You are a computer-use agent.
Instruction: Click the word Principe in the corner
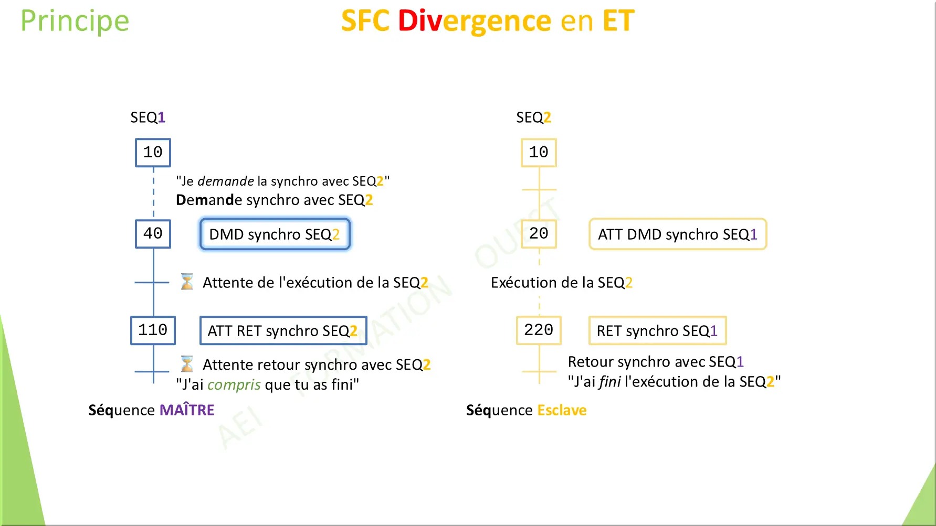click(x=75, y=22)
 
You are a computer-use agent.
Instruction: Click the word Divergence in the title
click(x=475, y=22)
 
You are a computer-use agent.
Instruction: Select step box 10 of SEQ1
click(x=153, y=153)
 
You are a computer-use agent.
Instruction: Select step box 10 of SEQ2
click(x=539, y=153)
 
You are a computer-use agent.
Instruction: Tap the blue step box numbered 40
click(x=153, y=234)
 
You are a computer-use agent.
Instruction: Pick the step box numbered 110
click(x=153, y=330)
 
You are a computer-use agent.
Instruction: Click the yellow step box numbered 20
click(x=539, y=234)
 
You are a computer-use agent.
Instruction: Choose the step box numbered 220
click(x=539, y=330)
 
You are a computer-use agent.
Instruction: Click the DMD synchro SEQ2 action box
click(x=275, y=234)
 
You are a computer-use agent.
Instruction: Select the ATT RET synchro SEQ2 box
click(x=283, y=331)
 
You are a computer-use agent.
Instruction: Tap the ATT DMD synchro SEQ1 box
click(x=677, y=234)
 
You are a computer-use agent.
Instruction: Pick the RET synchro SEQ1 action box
click(x=657, y=331)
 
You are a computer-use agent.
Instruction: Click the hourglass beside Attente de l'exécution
click(x=187, y=282)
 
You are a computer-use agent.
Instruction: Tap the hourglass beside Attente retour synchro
click(x=187, y=363)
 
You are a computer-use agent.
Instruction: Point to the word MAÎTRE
click(x=187, y=410)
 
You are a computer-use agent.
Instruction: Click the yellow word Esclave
click(x=562, y=410)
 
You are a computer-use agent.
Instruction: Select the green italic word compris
click(x=234, y=385)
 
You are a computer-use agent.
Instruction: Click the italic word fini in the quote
click(x=610, y=382)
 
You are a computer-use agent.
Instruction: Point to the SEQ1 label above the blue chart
click(x=148, y=117)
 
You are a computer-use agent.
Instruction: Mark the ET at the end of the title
click(x=618, y=22)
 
